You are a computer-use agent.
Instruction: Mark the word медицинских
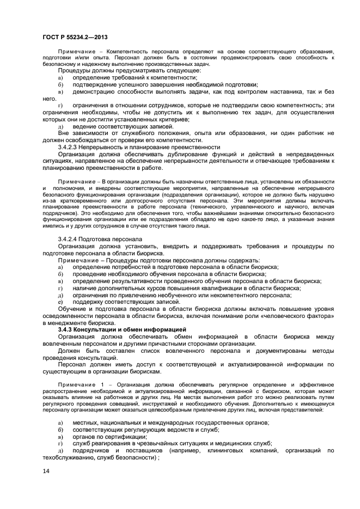223,443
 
